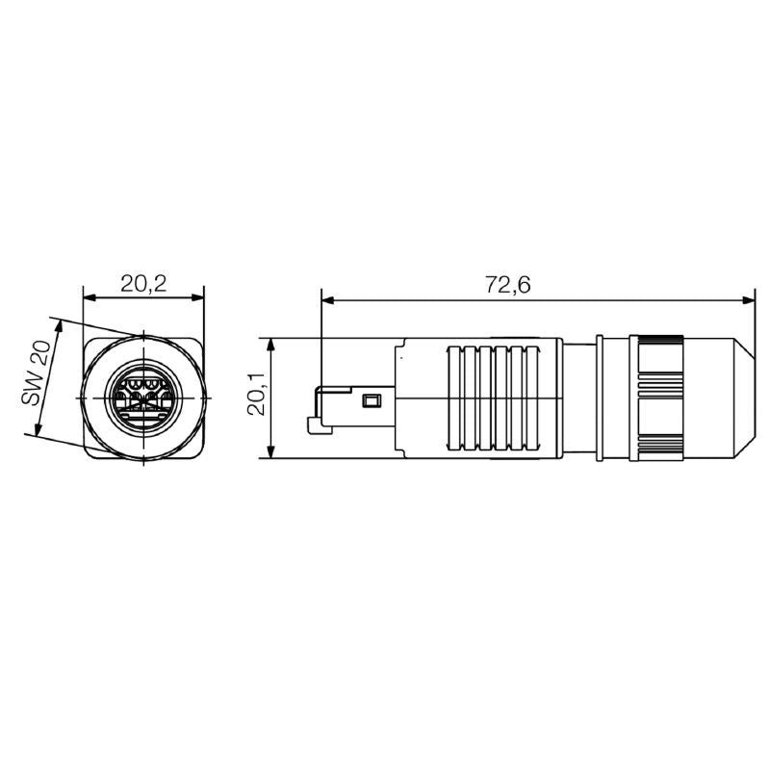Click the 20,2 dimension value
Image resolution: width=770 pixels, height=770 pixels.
(x=143, y=283)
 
